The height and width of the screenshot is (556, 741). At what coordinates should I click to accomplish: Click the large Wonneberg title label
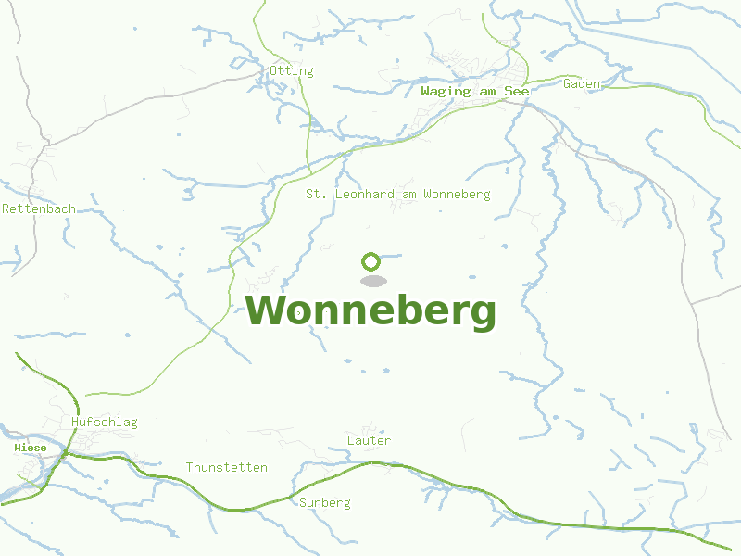[x=370, y=311]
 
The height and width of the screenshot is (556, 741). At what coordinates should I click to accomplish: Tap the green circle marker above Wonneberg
[x=371, y=261]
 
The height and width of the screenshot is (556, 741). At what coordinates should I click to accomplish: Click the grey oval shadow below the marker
[x=372, y=281]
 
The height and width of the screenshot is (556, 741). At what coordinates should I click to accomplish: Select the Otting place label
[x=292, y=70]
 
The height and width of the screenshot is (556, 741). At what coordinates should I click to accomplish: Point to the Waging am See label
[x=474, y=91]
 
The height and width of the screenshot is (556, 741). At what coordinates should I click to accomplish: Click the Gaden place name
[x=582, y=84]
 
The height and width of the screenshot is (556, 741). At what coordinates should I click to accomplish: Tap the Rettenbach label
[x=39, y=209]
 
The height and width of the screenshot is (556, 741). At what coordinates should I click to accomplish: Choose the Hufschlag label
[x=104, y=423]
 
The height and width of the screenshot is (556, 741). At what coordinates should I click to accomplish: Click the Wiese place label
[x=31, y=448]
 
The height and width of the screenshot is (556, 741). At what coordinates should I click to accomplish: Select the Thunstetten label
[x=227, y=467]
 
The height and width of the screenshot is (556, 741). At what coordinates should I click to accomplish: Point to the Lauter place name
[x=369, y=440]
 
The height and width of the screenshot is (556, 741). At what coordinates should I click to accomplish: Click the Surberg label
[x=325, y=503]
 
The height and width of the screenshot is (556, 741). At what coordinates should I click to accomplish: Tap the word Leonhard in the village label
[x=363, y=195]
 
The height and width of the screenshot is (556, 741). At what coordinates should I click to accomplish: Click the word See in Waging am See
[x=517, y=91]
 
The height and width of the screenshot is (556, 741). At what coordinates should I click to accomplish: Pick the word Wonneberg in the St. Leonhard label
[x=456, y=195]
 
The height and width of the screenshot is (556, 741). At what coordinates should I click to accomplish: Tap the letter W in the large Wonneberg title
[x=264, y=311]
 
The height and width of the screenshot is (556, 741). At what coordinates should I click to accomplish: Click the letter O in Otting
[x=274, y=70]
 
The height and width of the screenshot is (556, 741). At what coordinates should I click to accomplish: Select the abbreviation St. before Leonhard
[x=317, y=195]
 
